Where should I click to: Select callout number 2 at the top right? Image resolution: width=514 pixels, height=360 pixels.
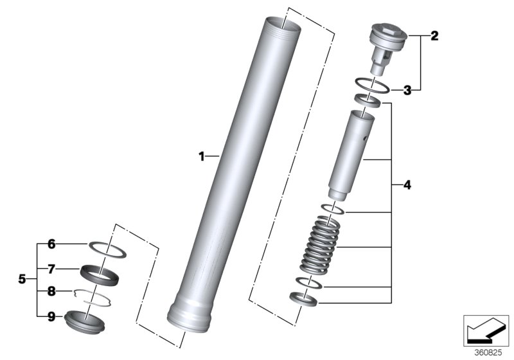pyautogui.click(x=434, y=36)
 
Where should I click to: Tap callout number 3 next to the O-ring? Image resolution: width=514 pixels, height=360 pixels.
pyautogui.click(x=407, y=90)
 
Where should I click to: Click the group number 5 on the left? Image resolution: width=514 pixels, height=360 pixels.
pyautogui.click(x=22, y=280)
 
